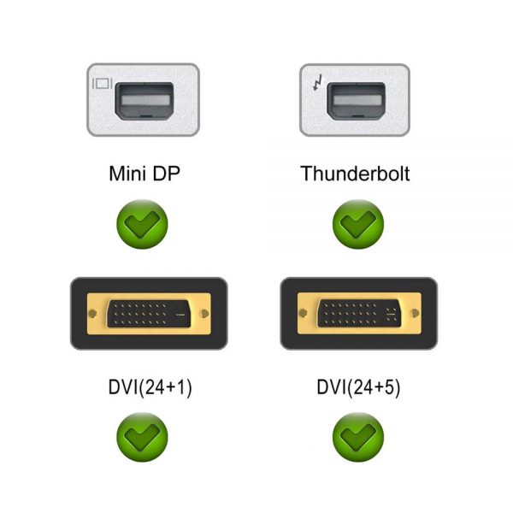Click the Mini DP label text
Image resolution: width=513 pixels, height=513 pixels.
(x=144, y=174)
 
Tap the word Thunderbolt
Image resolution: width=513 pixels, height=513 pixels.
(x=355, y=174)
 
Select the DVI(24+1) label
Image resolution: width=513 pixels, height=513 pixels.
(x=150, y=387)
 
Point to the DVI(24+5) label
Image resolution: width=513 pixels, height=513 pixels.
(x=358, y=387)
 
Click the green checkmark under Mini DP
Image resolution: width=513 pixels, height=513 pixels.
(x=142, y=224)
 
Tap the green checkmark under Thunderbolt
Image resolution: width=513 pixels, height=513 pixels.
(x=358, y=224)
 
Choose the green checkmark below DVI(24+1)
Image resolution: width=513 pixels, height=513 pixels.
(x=142, y=437)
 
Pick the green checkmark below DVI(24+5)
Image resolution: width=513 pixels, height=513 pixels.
(x=358, y=437)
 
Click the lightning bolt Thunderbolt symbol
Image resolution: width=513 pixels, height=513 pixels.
(x=318, y=82)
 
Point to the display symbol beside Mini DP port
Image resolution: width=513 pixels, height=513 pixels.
(x=103, y=84)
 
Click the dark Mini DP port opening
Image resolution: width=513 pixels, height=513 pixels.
(x=144, y=100)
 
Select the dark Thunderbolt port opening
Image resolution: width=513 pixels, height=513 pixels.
(x=356, y=100)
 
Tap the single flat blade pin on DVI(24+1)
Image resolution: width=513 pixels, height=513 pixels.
(x=180, y=315)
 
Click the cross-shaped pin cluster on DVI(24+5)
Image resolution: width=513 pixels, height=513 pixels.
(x=391, y=314)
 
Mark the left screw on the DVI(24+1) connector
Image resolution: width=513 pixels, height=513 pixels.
(x=92, y=314)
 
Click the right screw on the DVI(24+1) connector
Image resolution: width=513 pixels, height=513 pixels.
(x=205, y=314)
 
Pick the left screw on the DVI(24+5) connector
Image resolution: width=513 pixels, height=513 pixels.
(x=303, y=313)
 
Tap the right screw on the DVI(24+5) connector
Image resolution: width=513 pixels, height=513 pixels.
(x=416, y=313)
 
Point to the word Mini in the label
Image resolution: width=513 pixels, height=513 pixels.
(x=127, y=174)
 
